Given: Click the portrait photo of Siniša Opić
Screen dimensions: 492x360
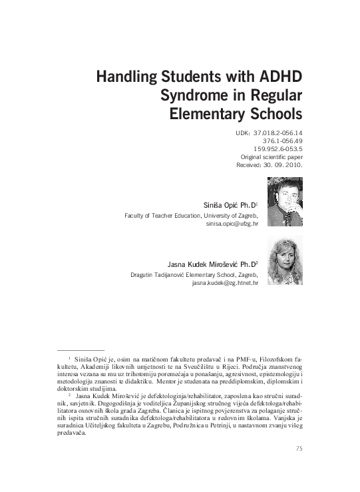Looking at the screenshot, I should click(x=284, y=202).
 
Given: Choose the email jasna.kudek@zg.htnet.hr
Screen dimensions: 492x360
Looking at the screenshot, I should click(x=225, y=283).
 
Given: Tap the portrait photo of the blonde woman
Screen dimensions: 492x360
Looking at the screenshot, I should click(x=284, y=260).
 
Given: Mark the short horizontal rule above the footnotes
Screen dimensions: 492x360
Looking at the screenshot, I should click(x=81, y=350).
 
